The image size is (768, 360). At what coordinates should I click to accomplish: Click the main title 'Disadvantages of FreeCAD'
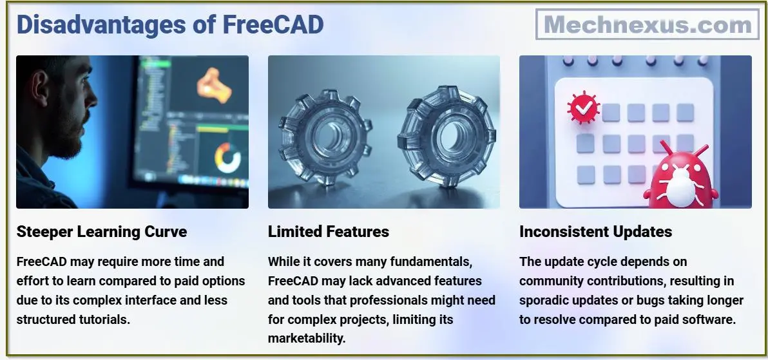click(x=170, y=25)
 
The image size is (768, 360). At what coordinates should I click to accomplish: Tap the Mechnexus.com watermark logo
click(x=647, y=25)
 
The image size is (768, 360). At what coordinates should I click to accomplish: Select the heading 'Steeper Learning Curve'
click(x=102, y=232)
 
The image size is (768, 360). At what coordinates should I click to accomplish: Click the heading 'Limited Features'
click(x=329, y=232)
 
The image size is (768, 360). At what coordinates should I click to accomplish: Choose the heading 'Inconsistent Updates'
click(x=595, y=232)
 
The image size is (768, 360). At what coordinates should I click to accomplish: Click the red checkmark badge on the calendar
click(x=583, y=109)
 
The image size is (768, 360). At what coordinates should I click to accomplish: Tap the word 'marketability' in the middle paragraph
click(x=307, y=338)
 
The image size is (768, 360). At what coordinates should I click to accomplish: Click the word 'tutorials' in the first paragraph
click(x=104, y=319)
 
